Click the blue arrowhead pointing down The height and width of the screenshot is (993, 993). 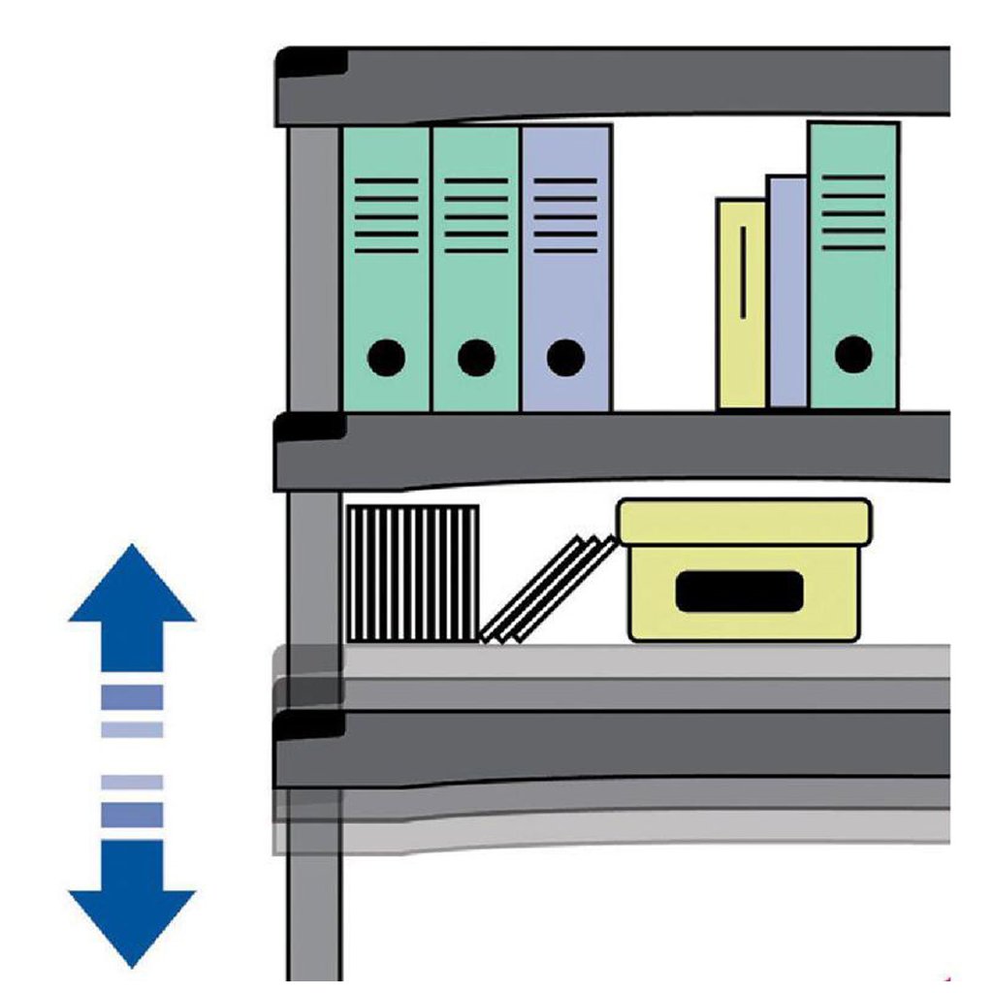pyautogui.click(x=132, y=907)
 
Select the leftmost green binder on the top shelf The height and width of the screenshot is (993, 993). pyautogui.click(x=386, y=281)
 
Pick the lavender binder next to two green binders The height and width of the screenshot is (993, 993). pyautogui.click(x=566, y=291)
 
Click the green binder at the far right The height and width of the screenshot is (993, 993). pyautogui.click(x=853, y=281)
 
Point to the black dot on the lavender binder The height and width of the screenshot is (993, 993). pyautogui.click(x=565, y=358)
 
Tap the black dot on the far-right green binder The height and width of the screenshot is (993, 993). pyautogui.click(x=853, y=354)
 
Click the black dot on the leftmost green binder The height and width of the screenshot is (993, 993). pyautogui.click(x=387, y=358)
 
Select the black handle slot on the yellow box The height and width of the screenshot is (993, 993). pyautogui.click(x=739, y=592)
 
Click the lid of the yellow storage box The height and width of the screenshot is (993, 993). pyautogui.click(x=744, y=521)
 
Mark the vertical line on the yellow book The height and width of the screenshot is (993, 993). pyautogui.click(x=743, y=272)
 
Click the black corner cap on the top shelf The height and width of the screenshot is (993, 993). pyautogui.click(x=312, y=63)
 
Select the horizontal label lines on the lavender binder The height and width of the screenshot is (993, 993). pyautogui.click(x=565, y=215)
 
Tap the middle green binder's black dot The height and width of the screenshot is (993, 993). pyautogui.click(x=476, y=358)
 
